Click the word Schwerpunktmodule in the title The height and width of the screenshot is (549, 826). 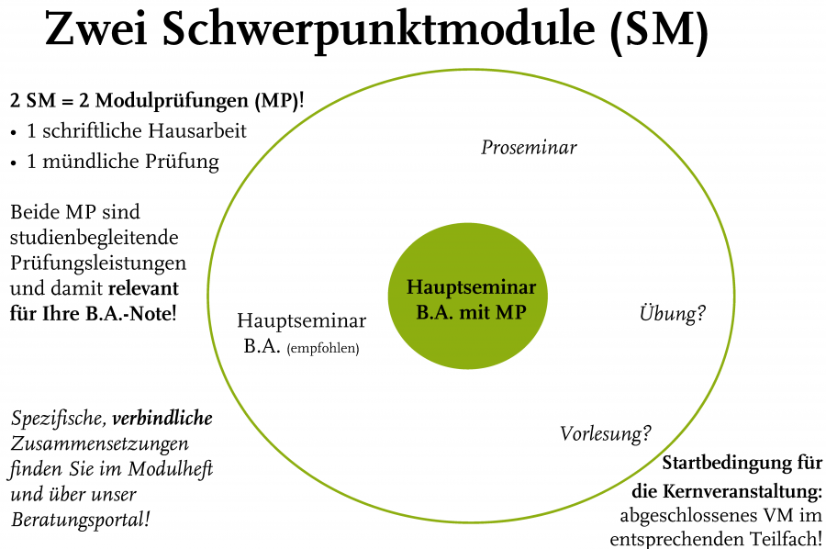(x=379, y=30)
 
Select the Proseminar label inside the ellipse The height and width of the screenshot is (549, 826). (x=529, y=147)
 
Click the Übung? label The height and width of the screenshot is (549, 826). (x=672, y=313)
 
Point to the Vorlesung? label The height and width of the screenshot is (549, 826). (x=606, y=434)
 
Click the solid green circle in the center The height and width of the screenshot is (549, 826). (x=468, y=296)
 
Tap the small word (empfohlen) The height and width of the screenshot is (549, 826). (x=323, y=348)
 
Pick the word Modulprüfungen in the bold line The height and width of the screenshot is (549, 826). (x=173, y=101)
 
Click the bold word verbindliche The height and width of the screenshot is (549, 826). (x=162, y=418)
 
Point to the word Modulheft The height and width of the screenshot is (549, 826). (x=171, y=468)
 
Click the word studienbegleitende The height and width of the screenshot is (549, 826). (x=95, y=238)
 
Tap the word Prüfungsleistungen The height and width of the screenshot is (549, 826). (x=98, y=263)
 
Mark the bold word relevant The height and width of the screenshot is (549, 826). (x=143, y=288)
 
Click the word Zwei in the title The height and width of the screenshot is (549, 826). (x=95, y=30)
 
